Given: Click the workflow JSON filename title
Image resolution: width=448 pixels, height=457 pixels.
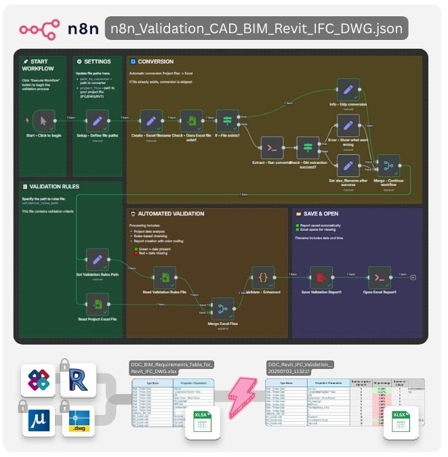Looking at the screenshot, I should (257, 29).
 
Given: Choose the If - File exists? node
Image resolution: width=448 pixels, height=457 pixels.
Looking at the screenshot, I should (227, 121).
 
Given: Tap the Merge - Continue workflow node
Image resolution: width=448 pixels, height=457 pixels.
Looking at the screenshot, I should (388, 165).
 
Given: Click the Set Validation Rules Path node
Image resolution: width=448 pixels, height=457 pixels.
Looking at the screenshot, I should (98, 260).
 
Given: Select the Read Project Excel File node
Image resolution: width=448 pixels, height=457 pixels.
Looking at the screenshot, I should (98, 303).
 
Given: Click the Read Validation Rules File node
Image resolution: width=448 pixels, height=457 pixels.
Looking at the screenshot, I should (164, 277).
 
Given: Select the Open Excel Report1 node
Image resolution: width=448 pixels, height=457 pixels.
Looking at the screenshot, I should (379, 277).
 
